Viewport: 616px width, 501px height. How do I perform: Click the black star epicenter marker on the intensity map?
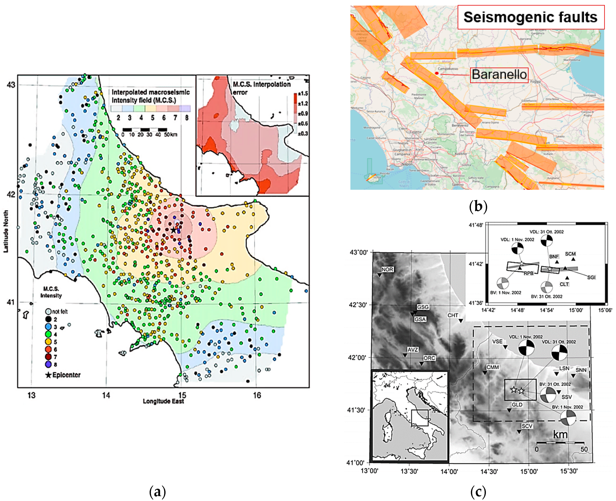pyautogui.click(x=173, y=230)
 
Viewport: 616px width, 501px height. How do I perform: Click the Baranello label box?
pyautogui.click(x=499, y=75)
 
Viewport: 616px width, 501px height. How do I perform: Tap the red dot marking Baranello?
pyautogui.click(x=437, y=73)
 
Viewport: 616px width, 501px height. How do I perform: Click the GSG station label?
pyautogui.click(x=423, y=307)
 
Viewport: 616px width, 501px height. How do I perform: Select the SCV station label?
pyautogui.click(x=527, y=426)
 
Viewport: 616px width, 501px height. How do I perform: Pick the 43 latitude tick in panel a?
pyautogui.click(x=11, y=85)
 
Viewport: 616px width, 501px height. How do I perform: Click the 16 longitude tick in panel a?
pyautogui.click(x=257, y=395)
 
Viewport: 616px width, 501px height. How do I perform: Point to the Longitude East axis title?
pyautogui.click(x=163, y=401)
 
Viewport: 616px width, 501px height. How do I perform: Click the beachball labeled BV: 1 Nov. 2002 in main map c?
pyautogui.click(x=568, y=418)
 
